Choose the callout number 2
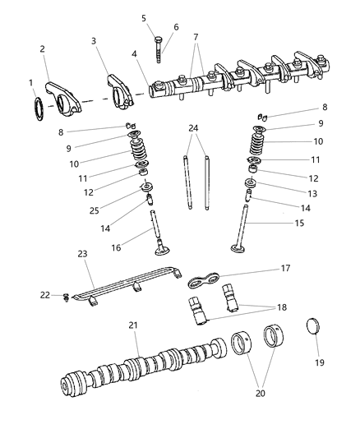click(43, 49)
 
